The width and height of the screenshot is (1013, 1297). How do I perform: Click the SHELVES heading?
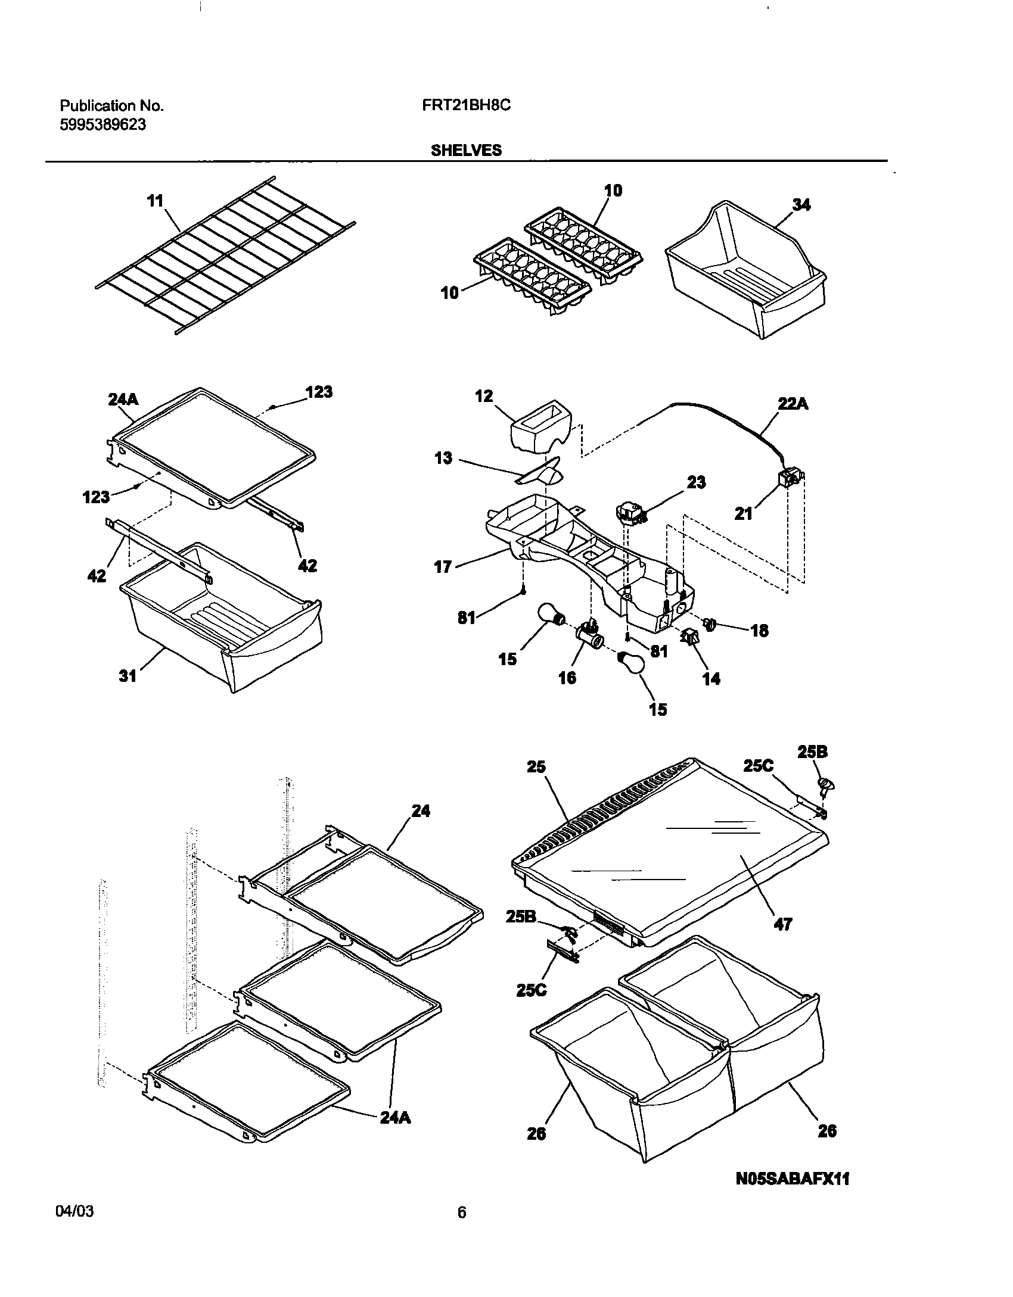coord(466,151)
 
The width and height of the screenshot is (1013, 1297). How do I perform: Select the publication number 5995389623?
coord(102,125)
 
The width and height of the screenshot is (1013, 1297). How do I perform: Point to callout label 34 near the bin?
coord(801,204)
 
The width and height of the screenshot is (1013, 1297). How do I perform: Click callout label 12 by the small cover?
coord(484,396)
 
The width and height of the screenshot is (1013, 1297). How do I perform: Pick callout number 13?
coord(443,459)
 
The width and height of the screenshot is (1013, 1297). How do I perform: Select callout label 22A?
coord(793,404)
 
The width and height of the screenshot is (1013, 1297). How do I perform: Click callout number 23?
coord(696,482)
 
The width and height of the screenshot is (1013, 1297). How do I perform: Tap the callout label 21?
coord(743,513)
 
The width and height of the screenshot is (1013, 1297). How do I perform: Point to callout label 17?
coord(443,566)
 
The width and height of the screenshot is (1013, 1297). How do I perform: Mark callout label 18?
coord(759,631)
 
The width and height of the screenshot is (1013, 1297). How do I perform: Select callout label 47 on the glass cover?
coord(782,924)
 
